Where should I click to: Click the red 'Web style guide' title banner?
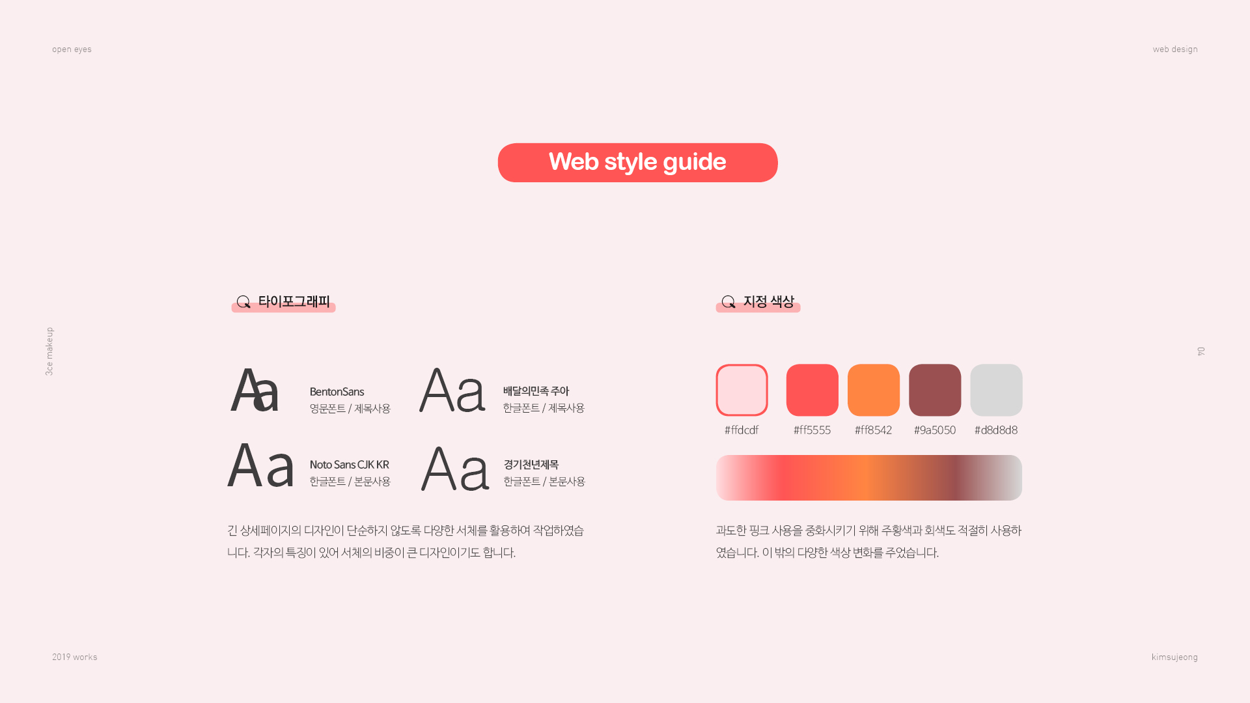637,163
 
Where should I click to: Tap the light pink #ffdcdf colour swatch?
742,390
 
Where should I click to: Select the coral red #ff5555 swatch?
812,390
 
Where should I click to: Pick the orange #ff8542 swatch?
873,390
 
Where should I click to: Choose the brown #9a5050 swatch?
934,390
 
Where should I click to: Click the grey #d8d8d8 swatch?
996,390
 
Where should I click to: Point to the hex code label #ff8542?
873,430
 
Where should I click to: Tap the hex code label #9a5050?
934,430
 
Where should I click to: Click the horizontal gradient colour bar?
869,478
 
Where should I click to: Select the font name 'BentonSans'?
337,392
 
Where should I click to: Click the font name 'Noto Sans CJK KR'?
349,465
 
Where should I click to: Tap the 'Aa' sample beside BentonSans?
255,390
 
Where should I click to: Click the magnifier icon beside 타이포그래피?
243,302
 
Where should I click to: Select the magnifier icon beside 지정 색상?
729,302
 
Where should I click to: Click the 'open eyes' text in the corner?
72,49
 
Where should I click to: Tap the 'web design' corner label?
1175,49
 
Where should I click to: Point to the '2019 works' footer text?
74,657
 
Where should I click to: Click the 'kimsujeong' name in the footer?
1174,657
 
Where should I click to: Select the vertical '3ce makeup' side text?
49,351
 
